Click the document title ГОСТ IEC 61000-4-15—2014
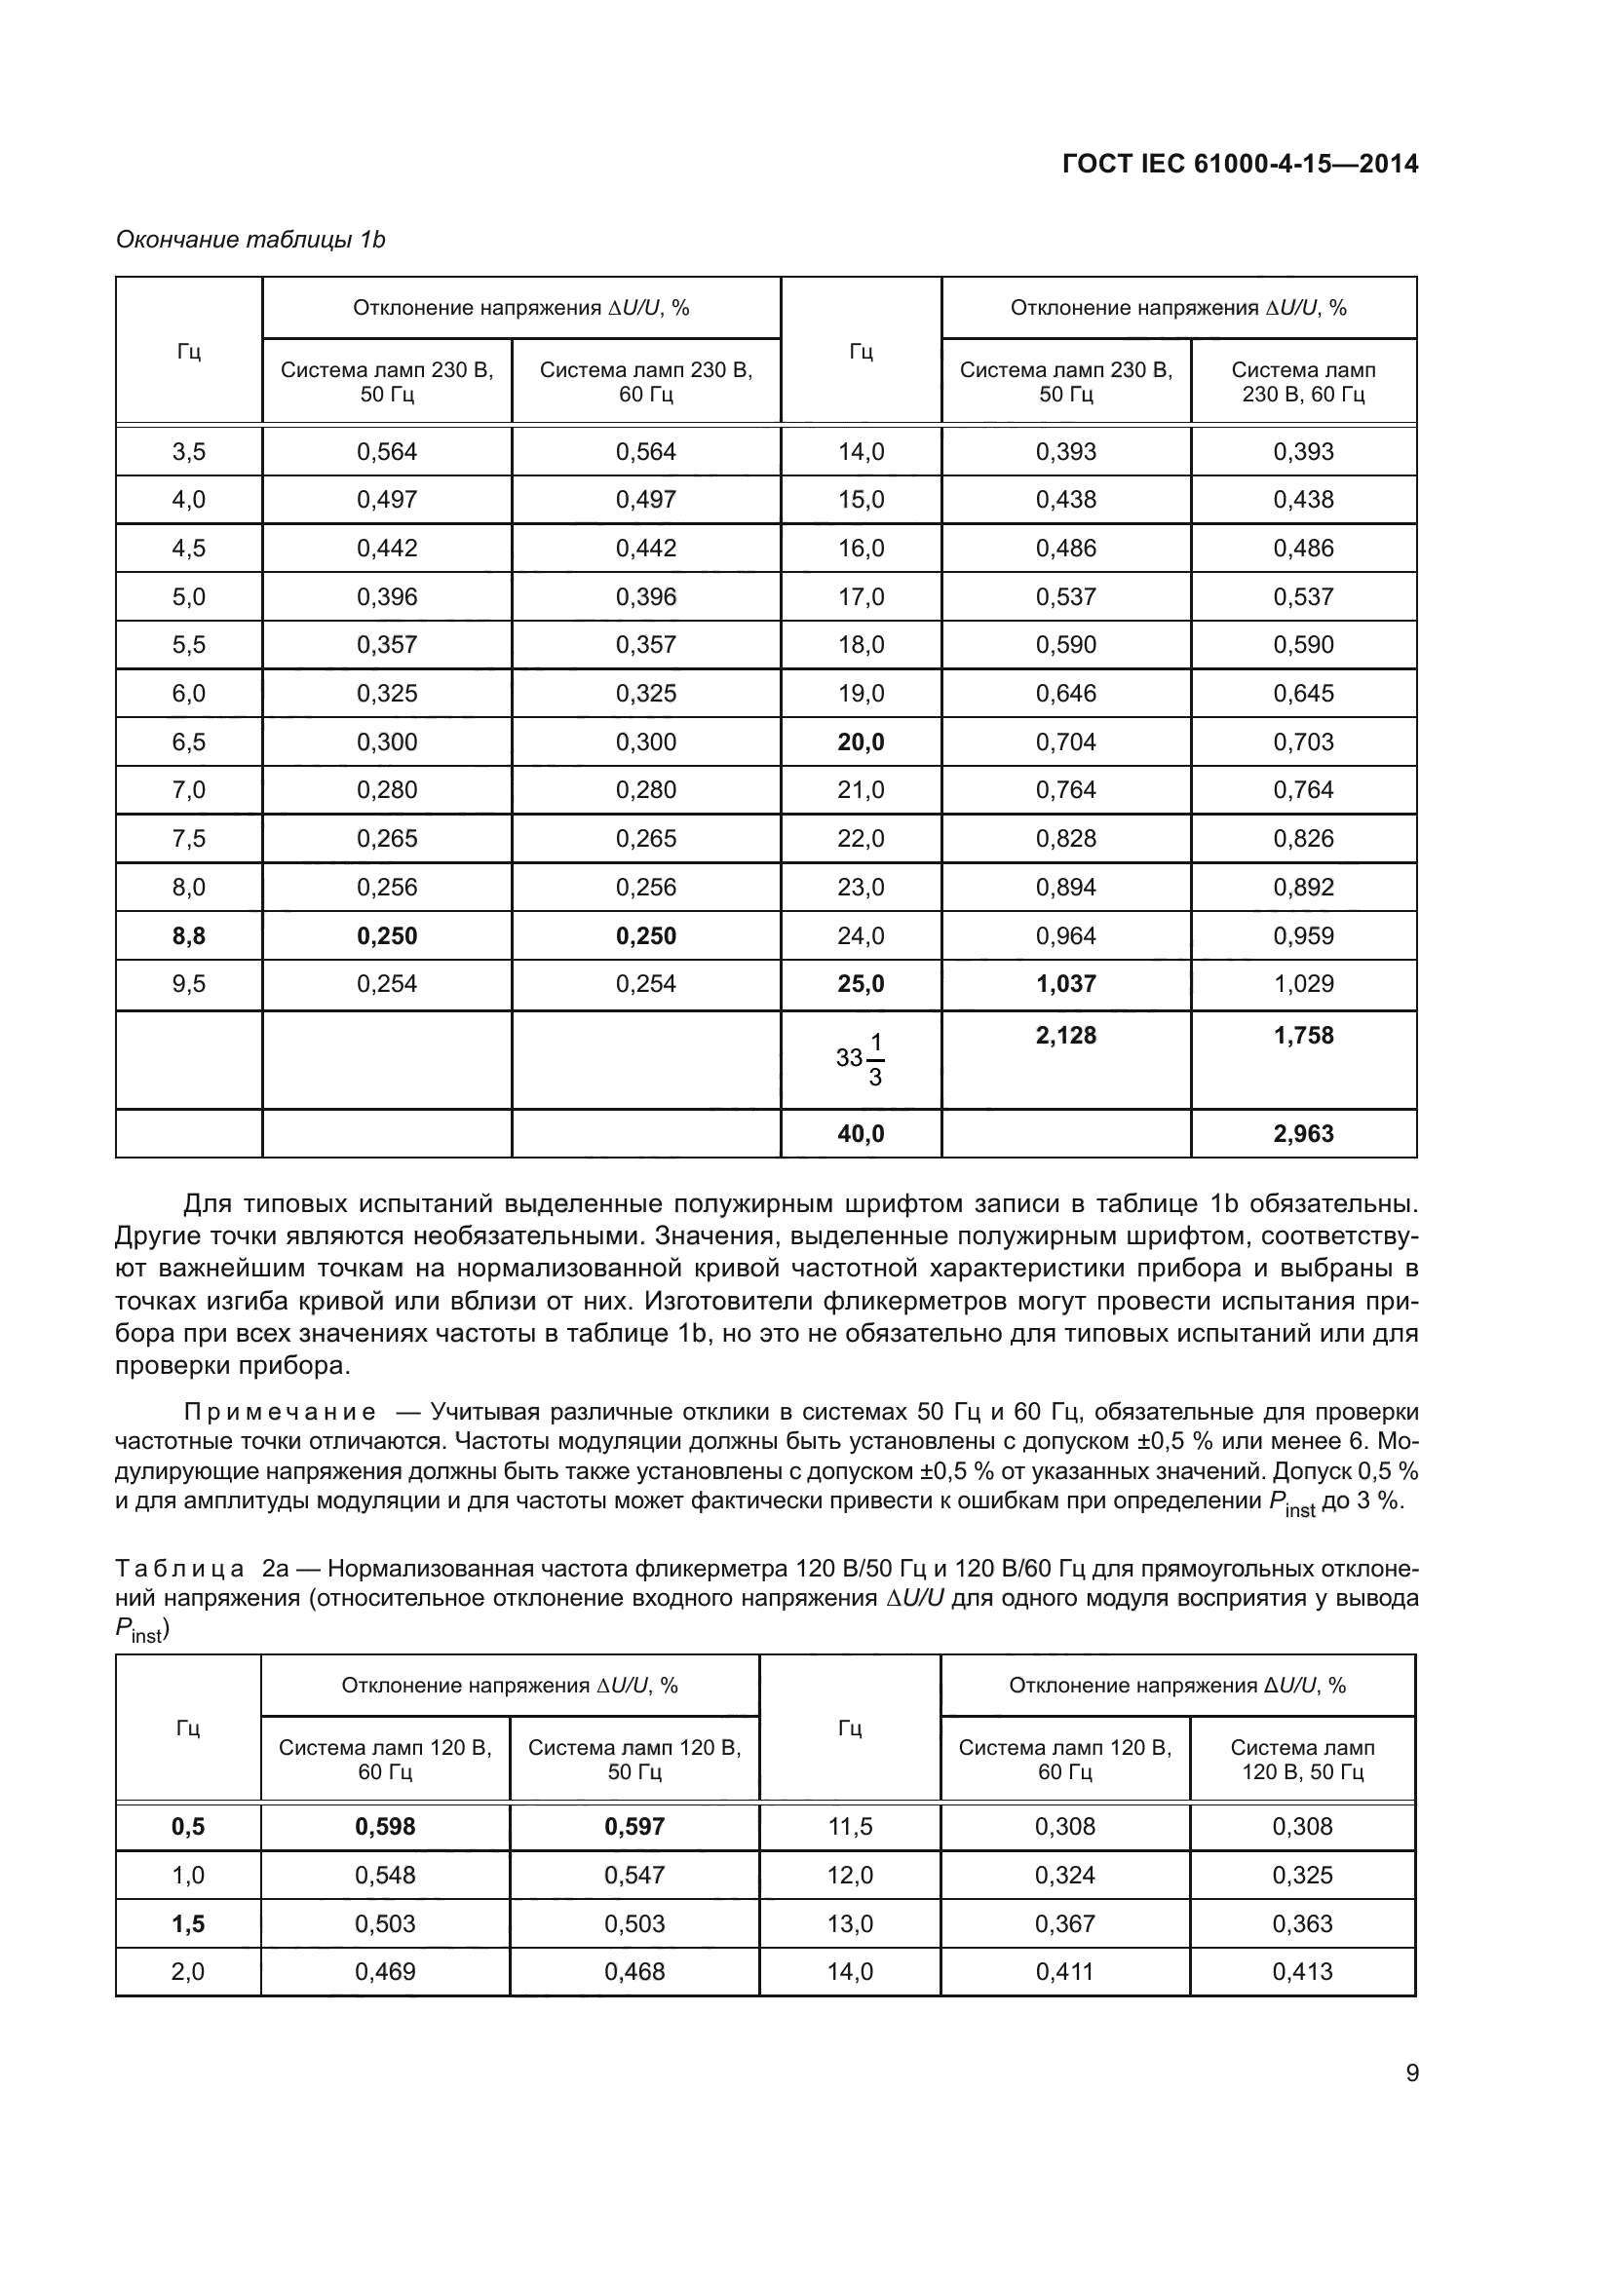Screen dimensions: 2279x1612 1240,164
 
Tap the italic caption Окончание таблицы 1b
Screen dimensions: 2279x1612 250,240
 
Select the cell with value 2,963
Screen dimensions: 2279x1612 1303,1133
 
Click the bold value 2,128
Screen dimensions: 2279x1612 1065,1036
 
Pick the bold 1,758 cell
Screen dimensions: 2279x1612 1303,1036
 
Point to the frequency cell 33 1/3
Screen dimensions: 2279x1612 861,1058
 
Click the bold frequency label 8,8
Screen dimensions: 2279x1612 189,935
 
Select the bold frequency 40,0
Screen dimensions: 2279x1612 861,1133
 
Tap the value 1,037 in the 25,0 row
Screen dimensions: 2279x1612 1065,984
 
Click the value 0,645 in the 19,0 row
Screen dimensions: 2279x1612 1303,693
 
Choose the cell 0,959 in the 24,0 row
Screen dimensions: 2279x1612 1303,935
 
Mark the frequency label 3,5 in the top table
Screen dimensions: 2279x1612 189,452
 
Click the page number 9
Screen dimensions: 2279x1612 1411,2073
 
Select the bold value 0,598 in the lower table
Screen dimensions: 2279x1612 385,1826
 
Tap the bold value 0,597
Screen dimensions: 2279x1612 634,1826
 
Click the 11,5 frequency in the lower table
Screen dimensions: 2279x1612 850,1826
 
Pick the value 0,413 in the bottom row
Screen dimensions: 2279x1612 1302,1971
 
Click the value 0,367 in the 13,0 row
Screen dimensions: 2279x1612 1064,1923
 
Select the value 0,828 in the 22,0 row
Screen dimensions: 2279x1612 1065,839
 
